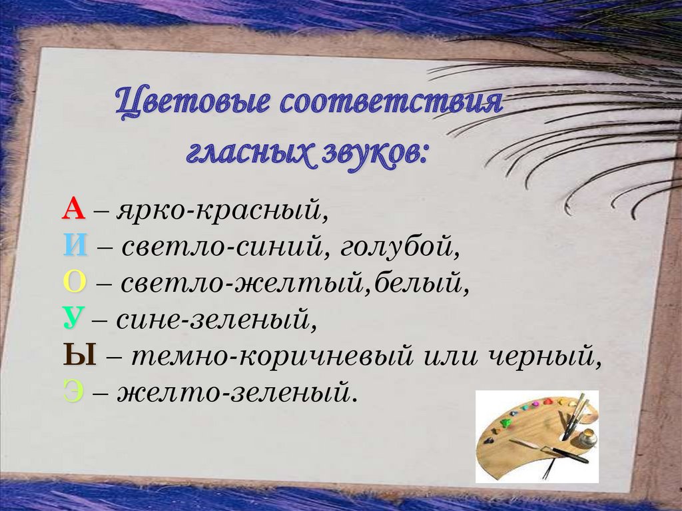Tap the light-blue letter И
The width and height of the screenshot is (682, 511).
click(76, 247)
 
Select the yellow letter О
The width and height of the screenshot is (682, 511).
click(75, 283)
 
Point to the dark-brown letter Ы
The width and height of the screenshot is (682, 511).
click(80, 356)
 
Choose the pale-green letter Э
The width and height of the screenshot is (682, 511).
click(73, 392)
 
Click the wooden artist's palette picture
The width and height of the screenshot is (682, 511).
click(537, 436)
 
